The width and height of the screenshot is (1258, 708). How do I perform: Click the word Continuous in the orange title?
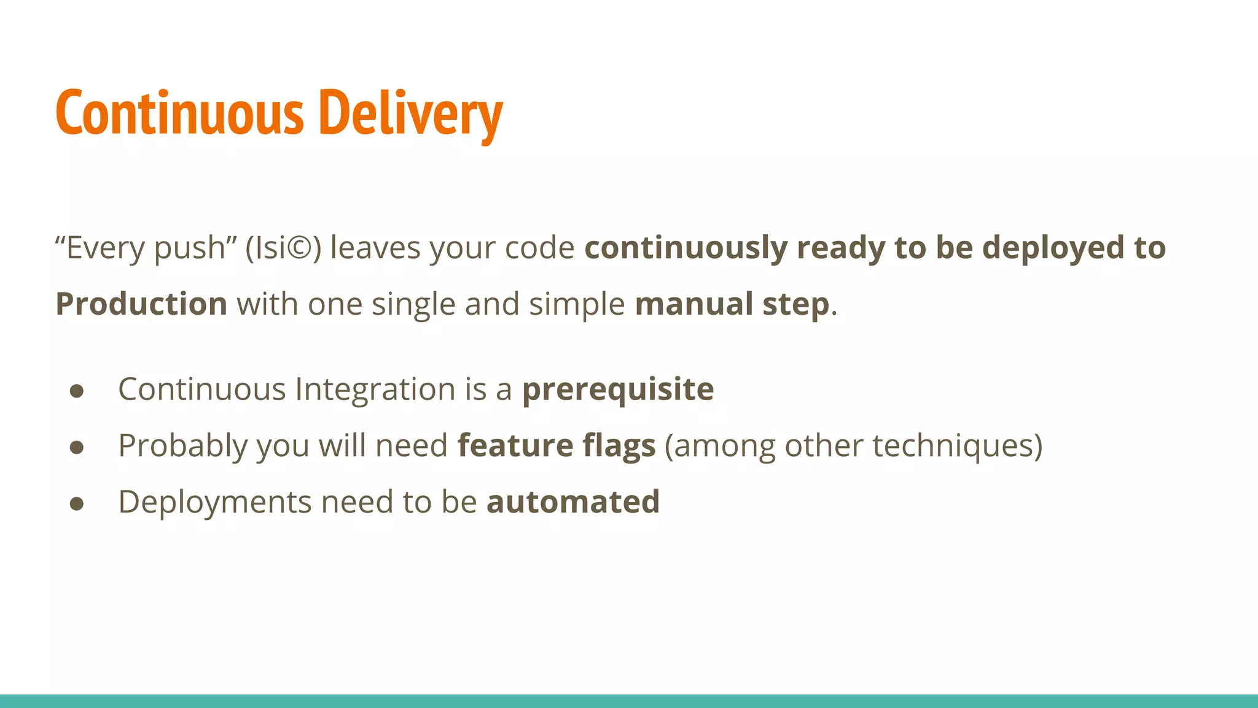click(179, 113)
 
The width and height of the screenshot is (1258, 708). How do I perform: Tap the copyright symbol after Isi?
click(300, 248)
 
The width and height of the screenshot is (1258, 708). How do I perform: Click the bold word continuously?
click(686, 248)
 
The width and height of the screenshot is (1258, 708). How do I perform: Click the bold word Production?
click(141, 304)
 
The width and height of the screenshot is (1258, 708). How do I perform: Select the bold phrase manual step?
click(732, 304)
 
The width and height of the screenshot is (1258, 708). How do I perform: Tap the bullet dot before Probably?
click(77, 447)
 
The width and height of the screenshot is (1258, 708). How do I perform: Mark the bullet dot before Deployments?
click(77, 504)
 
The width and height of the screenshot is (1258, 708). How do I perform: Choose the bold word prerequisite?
click(618, 390)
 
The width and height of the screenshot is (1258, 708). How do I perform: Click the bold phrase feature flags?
click(557, 446)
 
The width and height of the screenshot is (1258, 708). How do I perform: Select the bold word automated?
click(573, 502)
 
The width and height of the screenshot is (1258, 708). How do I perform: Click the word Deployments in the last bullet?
click(215, 502)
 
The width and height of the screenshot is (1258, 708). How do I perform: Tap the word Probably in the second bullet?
click(182, 446)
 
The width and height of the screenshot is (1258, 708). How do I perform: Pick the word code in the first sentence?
click(539, 248)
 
